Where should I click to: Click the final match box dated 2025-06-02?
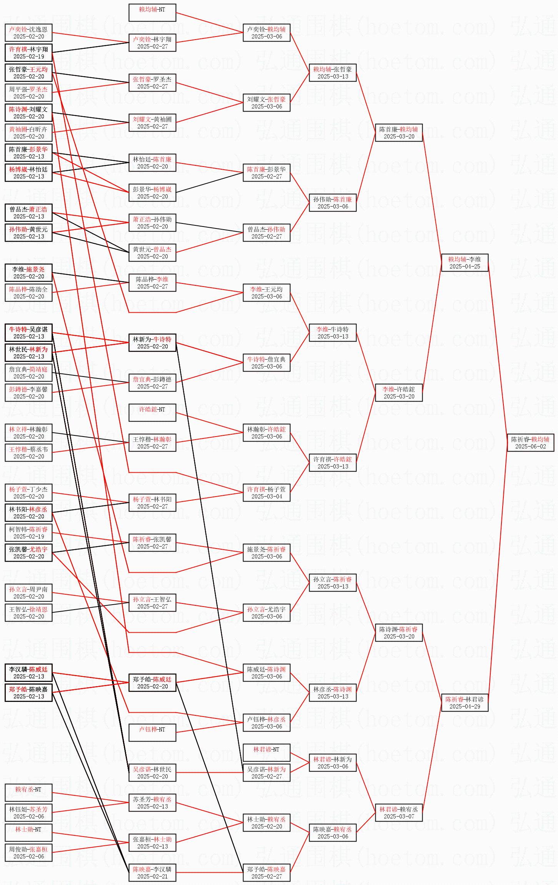tap(530, 443)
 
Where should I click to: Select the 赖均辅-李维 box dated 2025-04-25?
tap(465, 263)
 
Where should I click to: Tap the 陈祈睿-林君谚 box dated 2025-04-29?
tap(465, 703)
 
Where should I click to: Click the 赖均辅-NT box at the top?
tap(152, 13)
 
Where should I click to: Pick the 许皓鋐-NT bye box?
tap(152, 413)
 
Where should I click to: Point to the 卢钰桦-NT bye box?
tap(152, 733)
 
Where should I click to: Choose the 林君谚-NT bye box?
tap(267, 753)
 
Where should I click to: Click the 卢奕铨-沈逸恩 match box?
tap(28, 33)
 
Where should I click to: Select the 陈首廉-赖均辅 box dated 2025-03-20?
tap(399, 133)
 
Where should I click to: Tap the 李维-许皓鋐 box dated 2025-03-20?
tap(399, 393)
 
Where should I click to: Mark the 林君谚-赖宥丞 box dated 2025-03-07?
tap(399, 813)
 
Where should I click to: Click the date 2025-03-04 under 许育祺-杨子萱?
tap(267, 497)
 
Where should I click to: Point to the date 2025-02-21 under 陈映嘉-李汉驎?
tap(152, 877)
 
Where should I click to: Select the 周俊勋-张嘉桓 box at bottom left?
tap(28, 853)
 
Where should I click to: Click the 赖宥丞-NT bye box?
tap(28, 793)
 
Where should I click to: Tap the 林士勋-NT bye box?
tap(28, 833)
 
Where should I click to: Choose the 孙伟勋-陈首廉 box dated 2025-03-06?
tap(333, 203)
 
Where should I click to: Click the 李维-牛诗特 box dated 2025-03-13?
tap(333, 333)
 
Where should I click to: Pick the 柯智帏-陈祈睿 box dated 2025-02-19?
tap(28, 533)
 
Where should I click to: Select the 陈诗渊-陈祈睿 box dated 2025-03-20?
tap(399, 633)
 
